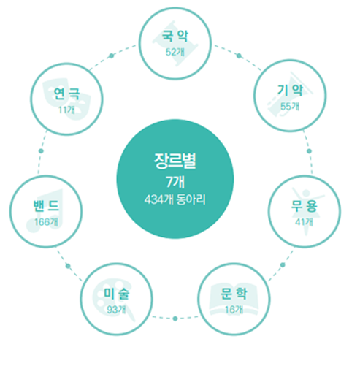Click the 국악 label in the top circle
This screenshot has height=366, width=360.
[x=175, y=36]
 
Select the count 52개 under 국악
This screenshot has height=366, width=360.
[x=175, y=52]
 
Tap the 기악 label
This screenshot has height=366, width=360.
[x=290, y=91]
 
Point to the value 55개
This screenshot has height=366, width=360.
[x=290, y=107]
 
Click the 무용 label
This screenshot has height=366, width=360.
[x=305, y=206]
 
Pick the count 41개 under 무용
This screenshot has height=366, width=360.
[x=305, y=222]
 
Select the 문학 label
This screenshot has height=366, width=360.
[x=234, y=294]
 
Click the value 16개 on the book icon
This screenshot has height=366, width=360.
[x=234, y=310]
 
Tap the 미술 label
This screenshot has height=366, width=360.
[x=117, y=294]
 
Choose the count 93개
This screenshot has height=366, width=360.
[x=117, y=310]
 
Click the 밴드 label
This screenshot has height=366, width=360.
[x=46, y=206]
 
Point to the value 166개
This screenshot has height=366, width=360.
[x=46, y=222]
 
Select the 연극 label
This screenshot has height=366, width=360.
[x=66, y=94]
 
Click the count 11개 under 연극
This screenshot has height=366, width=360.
[x=66, y=110]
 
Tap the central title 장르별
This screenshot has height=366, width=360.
[x=175, y=161]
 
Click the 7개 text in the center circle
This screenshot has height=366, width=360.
[x=175, y=182]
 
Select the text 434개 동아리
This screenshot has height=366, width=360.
[x=175, y=199]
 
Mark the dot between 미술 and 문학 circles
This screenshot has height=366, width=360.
[x=175, y=319]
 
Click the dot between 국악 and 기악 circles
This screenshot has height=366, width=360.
[x=239, y=56]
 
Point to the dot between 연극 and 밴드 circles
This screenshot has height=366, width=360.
[x=41, y=151]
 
